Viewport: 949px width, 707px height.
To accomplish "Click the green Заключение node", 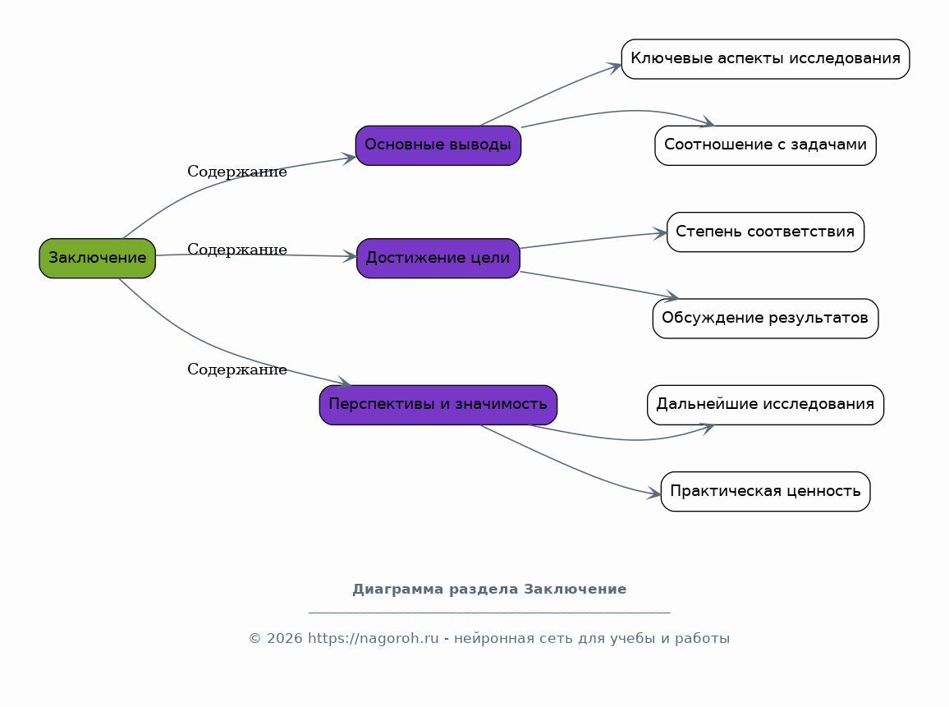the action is pos(98,259).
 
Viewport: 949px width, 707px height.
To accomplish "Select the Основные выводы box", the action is pos(438,145).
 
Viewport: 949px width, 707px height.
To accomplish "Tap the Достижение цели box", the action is pos(438,259).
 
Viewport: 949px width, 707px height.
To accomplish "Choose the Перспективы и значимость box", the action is pos(438,405).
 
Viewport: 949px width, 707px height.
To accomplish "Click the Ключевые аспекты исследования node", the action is pos(766,59).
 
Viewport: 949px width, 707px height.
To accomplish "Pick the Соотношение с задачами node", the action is pos(766,145).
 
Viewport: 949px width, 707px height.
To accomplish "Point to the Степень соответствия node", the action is pos(766,232).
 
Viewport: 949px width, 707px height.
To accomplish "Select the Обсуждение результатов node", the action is pos(766,319).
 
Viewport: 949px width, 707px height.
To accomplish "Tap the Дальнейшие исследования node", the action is pos(766,405).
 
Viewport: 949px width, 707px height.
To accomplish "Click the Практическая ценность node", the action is pos(766,492).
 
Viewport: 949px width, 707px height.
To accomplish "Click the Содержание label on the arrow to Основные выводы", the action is pos(237,172).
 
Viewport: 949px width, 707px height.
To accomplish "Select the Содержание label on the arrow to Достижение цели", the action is pos(237,250).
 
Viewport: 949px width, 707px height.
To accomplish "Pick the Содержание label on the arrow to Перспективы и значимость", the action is pos(237,370).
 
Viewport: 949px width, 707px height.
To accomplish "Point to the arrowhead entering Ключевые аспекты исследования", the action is pos(615,67).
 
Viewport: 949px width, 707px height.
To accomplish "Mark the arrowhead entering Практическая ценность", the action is pos(653,494).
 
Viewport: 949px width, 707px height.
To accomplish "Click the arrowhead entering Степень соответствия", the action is pos(660,233).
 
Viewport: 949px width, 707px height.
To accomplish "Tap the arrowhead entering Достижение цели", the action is pos(349,256).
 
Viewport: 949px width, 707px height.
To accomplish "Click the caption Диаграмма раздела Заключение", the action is pos(489,589).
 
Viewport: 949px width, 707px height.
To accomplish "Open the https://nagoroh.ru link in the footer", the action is pos(374,639).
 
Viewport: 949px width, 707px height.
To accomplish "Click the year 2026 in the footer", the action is pos(285,639).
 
